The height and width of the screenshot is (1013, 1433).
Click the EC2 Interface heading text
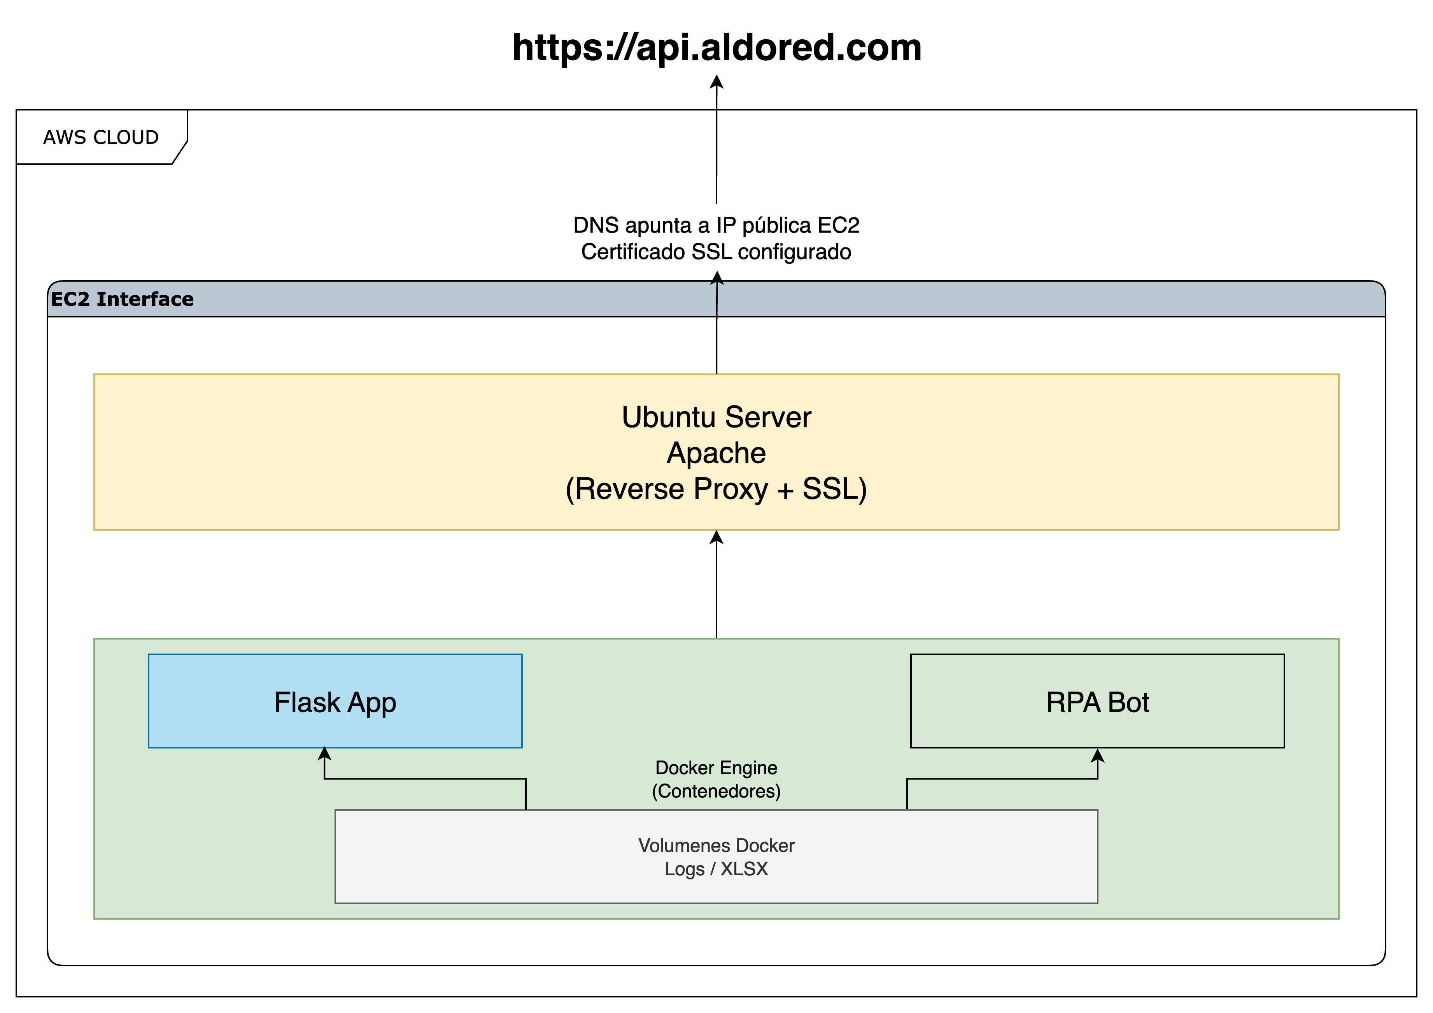(x=122, y=299)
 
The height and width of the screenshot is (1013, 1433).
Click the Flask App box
(x=335, y=701)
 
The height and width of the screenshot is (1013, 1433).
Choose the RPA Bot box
(x=1097, y=701)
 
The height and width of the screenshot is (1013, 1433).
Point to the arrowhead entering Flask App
(x=324, y=754)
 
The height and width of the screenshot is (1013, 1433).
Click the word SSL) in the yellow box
(x=834, y=489)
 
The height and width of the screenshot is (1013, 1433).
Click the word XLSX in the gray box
(x=744, y=869)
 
